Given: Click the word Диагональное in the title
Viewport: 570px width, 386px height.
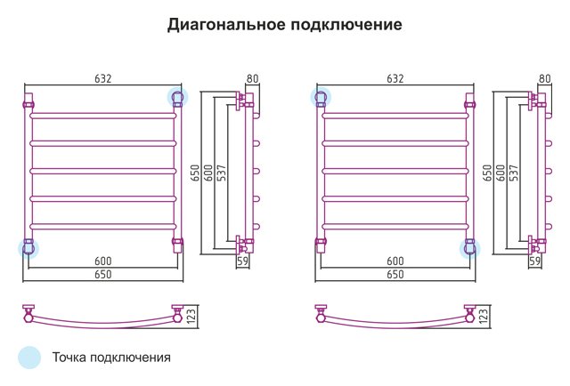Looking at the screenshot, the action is [x=226, y=25].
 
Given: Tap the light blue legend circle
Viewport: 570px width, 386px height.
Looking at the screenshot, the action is [x=29, y=358].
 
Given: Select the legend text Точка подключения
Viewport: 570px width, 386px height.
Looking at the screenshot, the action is [x=111, y=358].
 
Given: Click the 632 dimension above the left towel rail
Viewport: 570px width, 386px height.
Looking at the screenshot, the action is [x=103, y=78].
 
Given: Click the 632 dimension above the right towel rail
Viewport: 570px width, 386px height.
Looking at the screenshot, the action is [x=395, y=78].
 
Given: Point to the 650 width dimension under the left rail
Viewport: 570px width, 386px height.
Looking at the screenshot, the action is [x=103, y=274].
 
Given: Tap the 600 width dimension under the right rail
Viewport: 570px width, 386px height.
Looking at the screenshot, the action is [x=395, y=261].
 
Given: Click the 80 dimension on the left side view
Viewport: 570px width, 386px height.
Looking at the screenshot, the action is [x=252, y=78].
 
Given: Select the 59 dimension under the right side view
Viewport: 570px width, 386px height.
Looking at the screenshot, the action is [x=534, y=261].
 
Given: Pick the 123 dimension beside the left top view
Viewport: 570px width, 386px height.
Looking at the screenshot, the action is [x=191, y=317].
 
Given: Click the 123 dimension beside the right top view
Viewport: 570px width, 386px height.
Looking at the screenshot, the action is [x=483, y=317].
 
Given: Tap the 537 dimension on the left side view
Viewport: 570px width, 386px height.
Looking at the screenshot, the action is [x=222, y=173].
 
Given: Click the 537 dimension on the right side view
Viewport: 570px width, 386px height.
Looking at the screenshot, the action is [x=514, y=173].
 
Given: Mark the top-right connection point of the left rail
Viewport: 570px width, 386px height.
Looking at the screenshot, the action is [x=177, y=97].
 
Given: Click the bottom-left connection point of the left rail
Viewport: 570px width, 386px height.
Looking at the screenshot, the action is [x=28, y=248].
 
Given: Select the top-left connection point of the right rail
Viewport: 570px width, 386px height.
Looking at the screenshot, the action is [x=321, y=97].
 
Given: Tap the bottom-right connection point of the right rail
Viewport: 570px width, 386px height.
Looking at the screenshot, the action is [x=469, y=249].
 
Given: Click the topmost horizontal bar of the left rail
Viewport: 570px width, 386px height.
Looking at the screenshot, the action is [x=103, y=116].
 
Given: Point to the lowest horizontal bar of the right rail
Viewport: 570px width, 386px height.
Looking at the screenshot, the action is [x=395, y=227].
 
